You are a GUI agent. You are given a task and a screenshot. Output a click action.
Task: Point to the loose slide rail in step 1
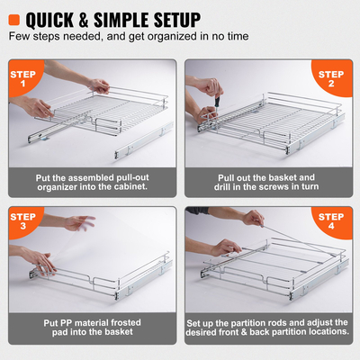(x=135, y=144)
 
